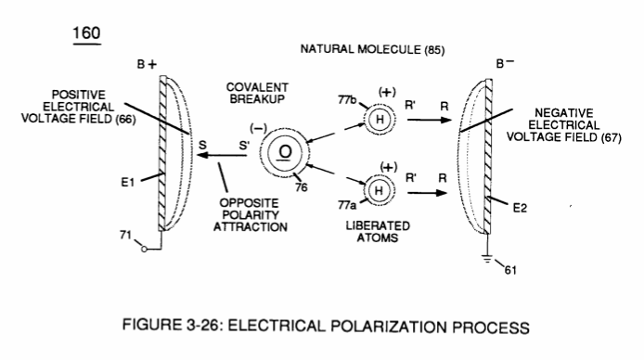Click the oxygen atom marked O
(285, 152)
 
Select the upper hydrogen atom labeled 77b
(380, 119)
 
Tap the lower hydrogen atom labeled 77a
(379, 190)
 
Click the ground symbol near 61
(487, 259)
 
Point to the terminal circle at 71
(144, 249)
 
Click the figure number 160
(86, 33)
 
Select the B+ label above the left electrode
(147, 64)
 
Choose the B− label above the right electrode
(505, 63)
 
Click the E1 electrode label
(127, 182)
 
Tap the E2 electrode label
(520, 208)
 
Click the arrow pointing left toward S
(222, 155)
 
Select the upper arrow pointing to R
(430, 120)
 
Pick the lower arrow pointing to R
(427, 192)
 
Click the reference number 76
(301, 187)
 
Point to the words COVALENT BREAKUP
(257, 93)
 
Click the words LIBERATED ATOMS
(378, 232)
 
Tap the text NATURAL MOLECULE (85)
(372, 49)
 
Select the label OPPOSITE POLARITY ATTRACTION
(251, 214)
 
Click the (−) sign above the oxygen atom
(258, 128)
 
